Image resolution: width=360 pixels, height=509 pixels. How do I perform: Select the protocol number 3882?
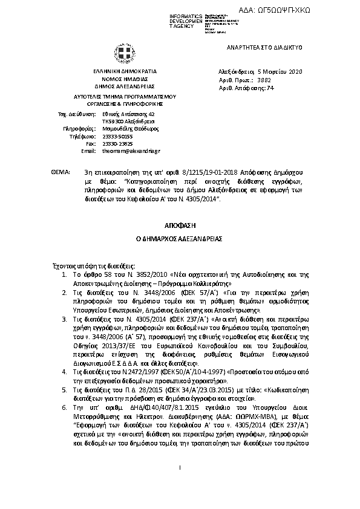pyautogui.click(x=264, y=79)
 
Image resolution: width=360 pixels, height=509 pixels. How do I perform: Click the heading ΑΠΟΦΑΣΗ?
pyautogui.click(x=179, y=224)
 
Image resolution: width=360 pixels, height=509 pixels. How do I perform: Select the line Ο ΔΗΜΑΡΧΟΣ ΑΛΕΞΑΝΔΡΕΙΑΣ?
pyautogui.click(x=179, y=239)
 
